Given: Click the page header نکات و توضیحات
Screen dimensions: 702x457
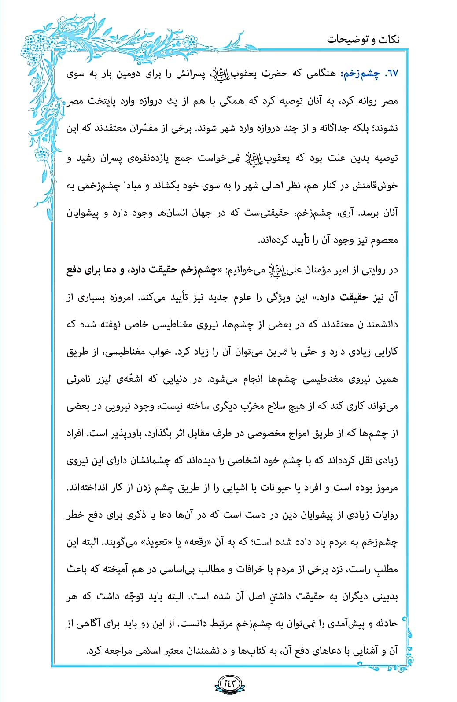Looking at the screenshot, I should coord(363,39).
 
